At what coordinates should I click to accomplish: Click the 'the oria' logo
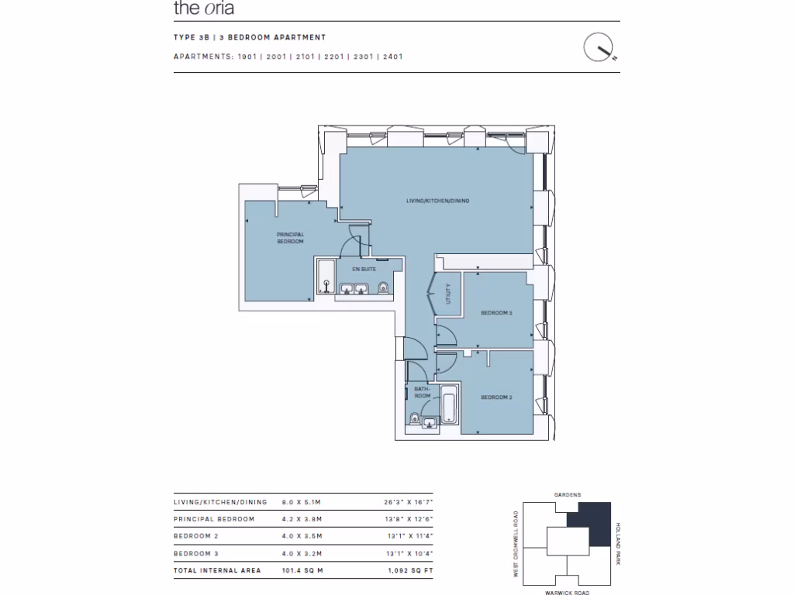click(203, 9)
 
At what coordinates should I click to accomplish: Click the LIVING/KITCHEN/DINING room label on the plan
click(438, 201)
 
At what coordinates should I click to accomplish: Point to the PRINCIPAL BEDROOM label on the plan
click(291, 238)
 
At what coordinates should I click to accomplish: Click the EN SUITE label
click(363, 269)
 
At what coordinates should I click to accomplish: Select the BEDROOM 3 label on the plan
click(496, 313)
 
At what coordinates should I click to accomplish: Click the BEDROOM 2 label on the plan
click(496, 397)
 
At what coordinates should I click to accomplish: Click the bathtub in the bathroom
click(449, 405)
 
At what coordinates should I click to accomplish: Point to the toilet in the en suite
click(381, 289)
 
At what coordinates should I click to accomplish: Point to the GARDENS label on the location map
click(567, 494)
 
